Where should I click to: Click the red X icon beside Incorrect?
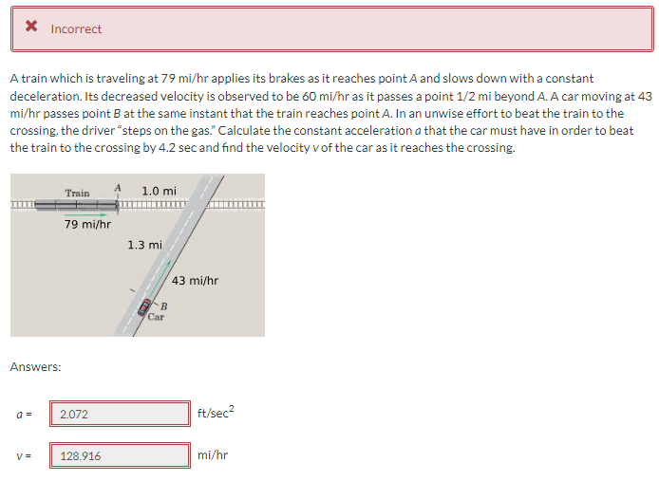32,28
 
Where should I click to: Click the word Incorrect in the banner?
76,29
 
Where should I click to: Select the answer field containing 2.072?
120,414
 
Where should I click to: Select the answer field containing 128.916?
120,455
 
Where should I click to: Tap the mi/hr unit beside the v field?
213,455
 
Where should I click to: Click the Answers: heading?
35,366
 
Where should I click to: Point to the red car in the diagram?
145,306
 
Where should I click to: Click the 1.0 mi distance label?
159,192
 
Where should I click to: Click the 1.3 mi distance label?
143,245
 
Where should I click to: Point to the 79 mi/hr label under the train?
88,225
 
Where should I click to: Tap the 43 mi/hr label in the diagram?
197,280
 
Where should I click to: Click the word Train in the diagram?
78,194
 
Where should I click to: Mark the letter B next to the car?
163,306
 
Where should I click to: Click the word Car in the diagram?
156,317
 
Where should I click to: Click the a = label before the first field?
22,414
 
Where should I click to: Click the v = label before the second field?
22,455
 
